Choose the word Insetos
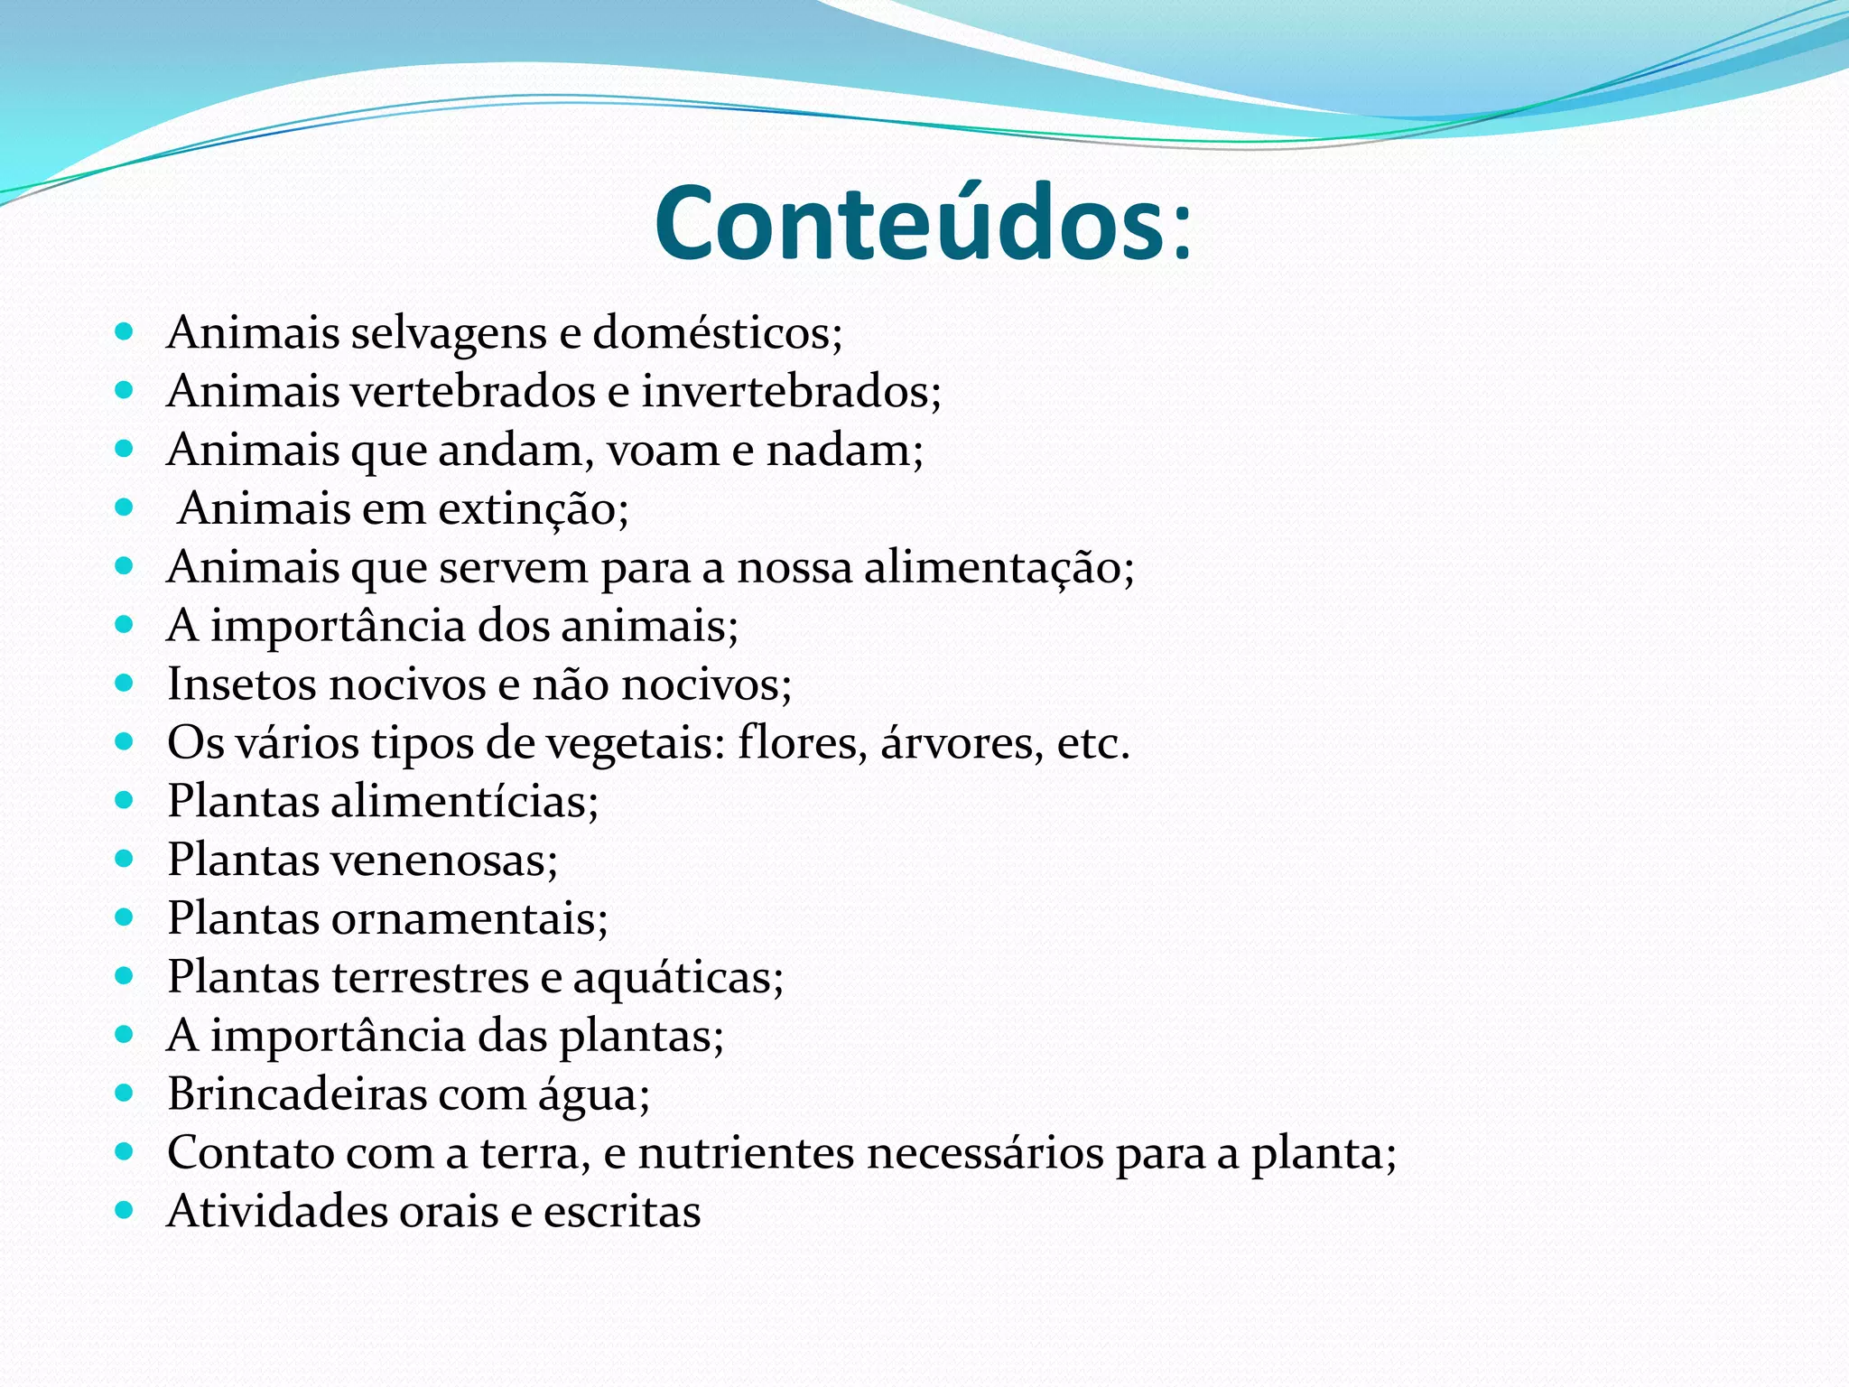242,684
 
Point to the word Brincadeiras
297,1094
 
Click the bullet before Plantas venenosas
125,859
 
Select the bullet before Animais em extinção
125,507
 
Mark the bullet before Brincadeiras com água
125,1094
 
